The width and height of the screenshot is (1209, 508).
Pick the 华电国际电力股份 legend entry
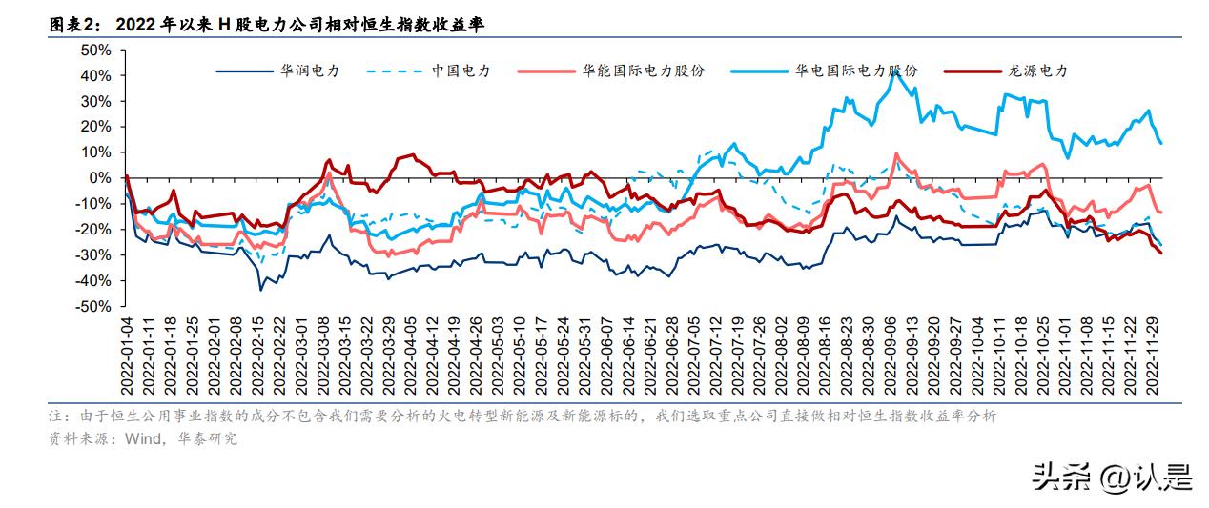click(x=856, y=71)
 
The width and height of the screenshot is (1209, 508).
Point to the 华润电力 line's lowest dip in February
click(x=261, y=289)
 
